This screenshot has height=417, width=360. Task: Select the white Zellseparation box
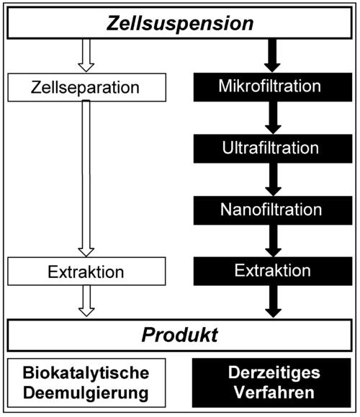pos(86,88)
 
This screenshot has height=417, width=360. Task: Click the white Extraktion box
pos(86,272)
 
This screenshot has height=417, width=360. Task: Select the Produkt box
pos(180,335)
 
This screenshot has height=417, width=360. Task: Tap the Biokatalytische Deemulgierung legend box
pos(86,383)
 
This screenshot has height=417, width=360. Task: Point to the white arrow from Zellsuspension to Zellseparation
pos(86,56)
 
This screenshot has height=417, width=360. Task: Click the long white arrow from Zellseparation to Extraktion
pos(86,180)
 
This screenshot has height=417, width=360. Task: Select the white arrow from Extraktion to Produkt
pos(86,301)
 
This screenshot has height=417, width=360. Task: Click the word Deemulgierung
pos(86,394)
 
